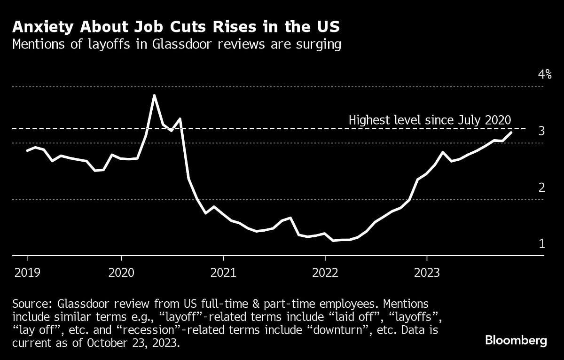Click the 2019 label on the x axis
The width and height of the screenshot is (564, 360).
(27, 273)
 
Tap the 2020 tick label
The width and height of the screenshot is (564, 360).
(121, 273)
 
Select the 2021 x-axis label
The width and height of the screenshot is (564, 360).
(223, 273)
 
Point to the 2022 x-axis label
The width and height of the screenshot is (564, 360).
(325, 273)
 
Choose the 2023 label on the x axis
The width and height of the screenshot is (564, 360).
(426, 273)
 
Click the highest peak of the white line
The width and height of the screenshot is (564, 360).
(154, 95)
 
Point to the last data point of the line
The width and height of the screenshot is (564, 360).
(511, 133)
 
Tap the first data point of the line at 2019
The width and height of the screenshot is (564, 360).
(27, 150)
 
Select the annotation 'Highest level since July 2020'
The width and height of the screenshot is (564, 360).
(430, 120)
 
